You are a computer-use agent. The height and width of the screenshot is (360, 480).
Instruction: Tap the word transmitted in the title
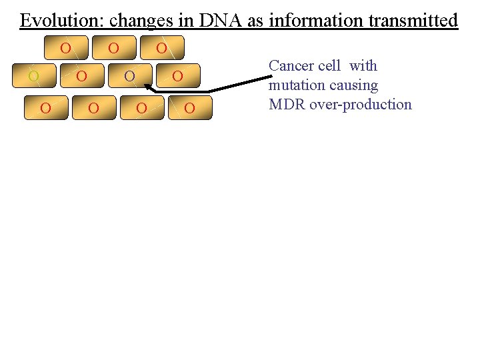[413, 21]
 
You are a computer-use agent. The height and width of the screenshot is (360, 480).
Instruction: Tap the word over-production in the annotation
[360, 104]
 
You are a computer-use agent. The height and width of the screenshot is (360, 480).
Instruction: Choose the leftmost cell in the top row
[65, 48]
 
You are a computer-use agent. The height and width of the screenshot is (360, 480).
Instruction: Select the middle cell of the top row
[113, 48]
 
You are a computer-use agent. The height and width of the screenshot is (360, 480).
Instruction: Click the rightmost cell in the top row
[161, 48]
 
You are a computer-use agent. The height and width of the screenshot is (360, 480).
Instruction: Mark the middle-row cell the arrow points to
[130, 76]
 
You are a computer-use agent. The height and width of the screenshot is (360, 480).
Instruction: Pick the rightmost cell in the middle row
[177, 76]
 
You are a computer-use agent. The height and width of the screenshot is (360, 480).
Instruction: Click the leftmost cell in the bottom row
[46, 107]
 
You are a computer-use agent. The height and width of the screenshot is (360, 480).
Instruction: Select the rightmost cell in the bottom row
[189, 107]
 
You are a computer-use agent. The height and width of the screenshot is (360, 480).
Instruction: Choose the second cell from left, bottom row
[93, 107]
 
